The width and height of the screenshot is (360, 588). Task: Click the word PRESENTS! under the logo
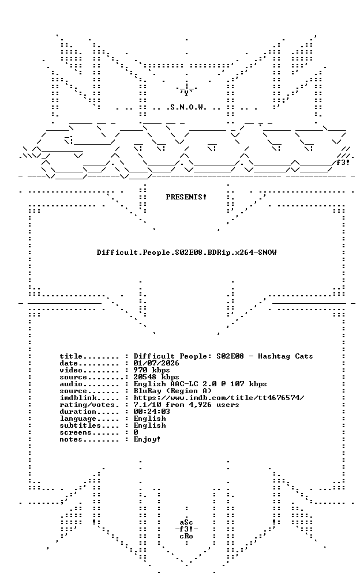pos(186,197)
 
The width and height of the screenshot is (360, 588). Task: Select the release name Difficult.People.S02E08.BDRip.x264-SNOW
pos(186,252)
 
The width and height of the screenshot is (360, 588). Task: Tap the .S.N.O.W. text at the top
pos(186,107)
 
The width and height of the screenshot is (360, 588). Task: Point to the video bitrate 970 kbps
pos(152,370)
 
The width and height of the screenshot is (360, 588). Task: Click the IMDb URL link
pos(219,398)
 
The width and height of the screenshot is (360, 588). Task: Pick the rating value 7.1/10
pos(147,405)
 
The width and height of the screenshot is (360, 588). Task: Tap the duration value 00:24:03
pos(152,412)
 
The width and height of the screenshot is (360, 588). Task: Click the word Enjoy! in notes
pos(147,439)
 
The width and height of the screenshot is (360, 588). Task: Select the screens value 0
pos(136,432)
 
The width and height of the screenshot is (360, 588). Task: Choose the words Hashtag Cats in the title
pos(286,356)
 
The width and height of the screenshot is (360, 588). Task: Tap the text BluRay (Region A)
pos(172,391)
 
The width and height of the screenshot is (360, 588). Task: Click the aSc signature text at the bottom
pos(186,522)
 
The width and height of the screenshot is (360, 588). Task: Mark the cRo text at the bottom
pos(186,536)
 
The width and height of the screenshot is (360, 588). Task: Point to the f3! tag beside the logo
pos(343,163)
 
